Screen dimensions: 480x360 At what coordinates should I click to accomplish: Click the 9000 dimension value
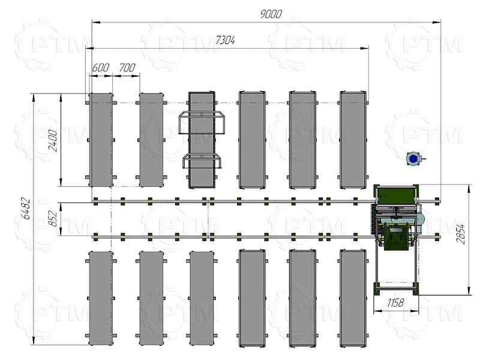click(271, 14)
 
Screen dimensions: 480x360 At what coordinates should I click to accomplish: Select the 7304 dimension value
click(225, 40)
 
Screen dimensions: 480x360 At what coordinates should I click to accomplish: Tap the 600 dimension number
click(100, 67)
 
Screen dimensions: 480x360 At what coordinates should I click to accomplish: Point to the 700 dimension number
click(127, 67)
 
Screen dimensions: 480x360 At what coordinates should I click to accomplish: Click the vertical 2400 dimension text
click(53, 140)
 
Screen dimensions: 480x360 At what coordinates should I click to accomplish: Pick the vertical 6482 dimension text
click(26, 209)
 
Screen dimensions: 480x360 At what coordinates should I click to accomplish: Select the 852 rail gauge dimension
click(53, 218)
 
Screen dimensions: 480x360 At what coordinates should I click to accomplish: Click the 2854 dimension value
click(460, 234)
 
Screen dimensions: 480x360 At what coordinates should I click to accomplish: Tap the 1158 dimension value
click(395, 303)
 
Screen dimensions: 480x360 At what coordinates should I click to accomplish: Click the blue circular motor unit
click(413, 158)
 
